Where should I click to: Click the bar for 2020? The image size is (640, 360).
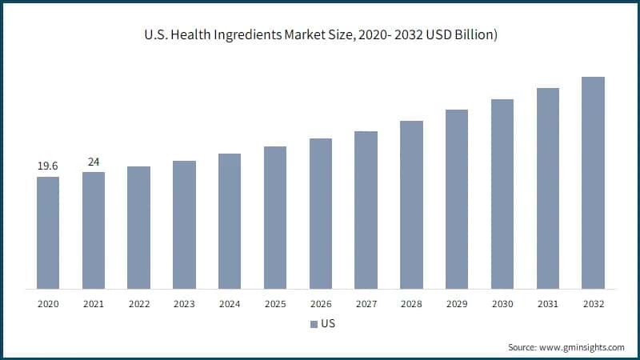click(x=48, y=232)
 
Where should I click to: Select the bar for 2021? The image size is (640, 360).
click(x=94, y=230)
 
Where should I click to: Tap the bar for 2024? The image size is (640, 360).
click(x=230, y=221)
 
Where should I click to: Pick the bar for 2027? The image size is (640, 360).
click(x=366, y=210)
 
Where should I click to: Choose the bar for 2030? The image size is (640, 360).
click(x=502, y=194)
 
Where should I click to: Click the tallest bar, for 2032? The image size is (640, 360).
click(x=593, y=182)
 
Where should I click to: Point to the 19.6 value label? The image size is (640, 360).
click(x=48, y=166)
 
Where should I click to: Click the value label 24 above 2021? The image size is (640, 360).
click(x=94, y=162)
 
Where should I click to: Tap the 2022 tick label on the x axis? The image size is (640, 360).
click(x=138, y=304)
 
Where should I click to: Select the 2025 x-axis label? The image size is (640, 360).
click(x=275, y=304)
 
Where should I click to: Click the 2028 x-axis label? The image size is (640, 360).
click(x=411, y=304)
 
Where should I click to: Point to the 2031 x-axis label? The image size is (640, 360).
click(x=547, y=304)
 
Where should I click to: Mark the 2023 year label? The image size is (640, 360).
click(x=184, y=304)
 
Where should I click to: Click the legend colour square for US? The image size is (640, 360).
click(x=313, y=325)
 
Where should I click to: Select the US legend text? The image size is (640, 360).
click(x=327, y=325)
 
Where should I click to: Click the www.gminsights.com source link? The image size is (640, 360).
click(x=583, y=347)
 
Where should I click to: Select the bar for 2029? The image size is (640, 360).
click(x=457, y=199)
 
